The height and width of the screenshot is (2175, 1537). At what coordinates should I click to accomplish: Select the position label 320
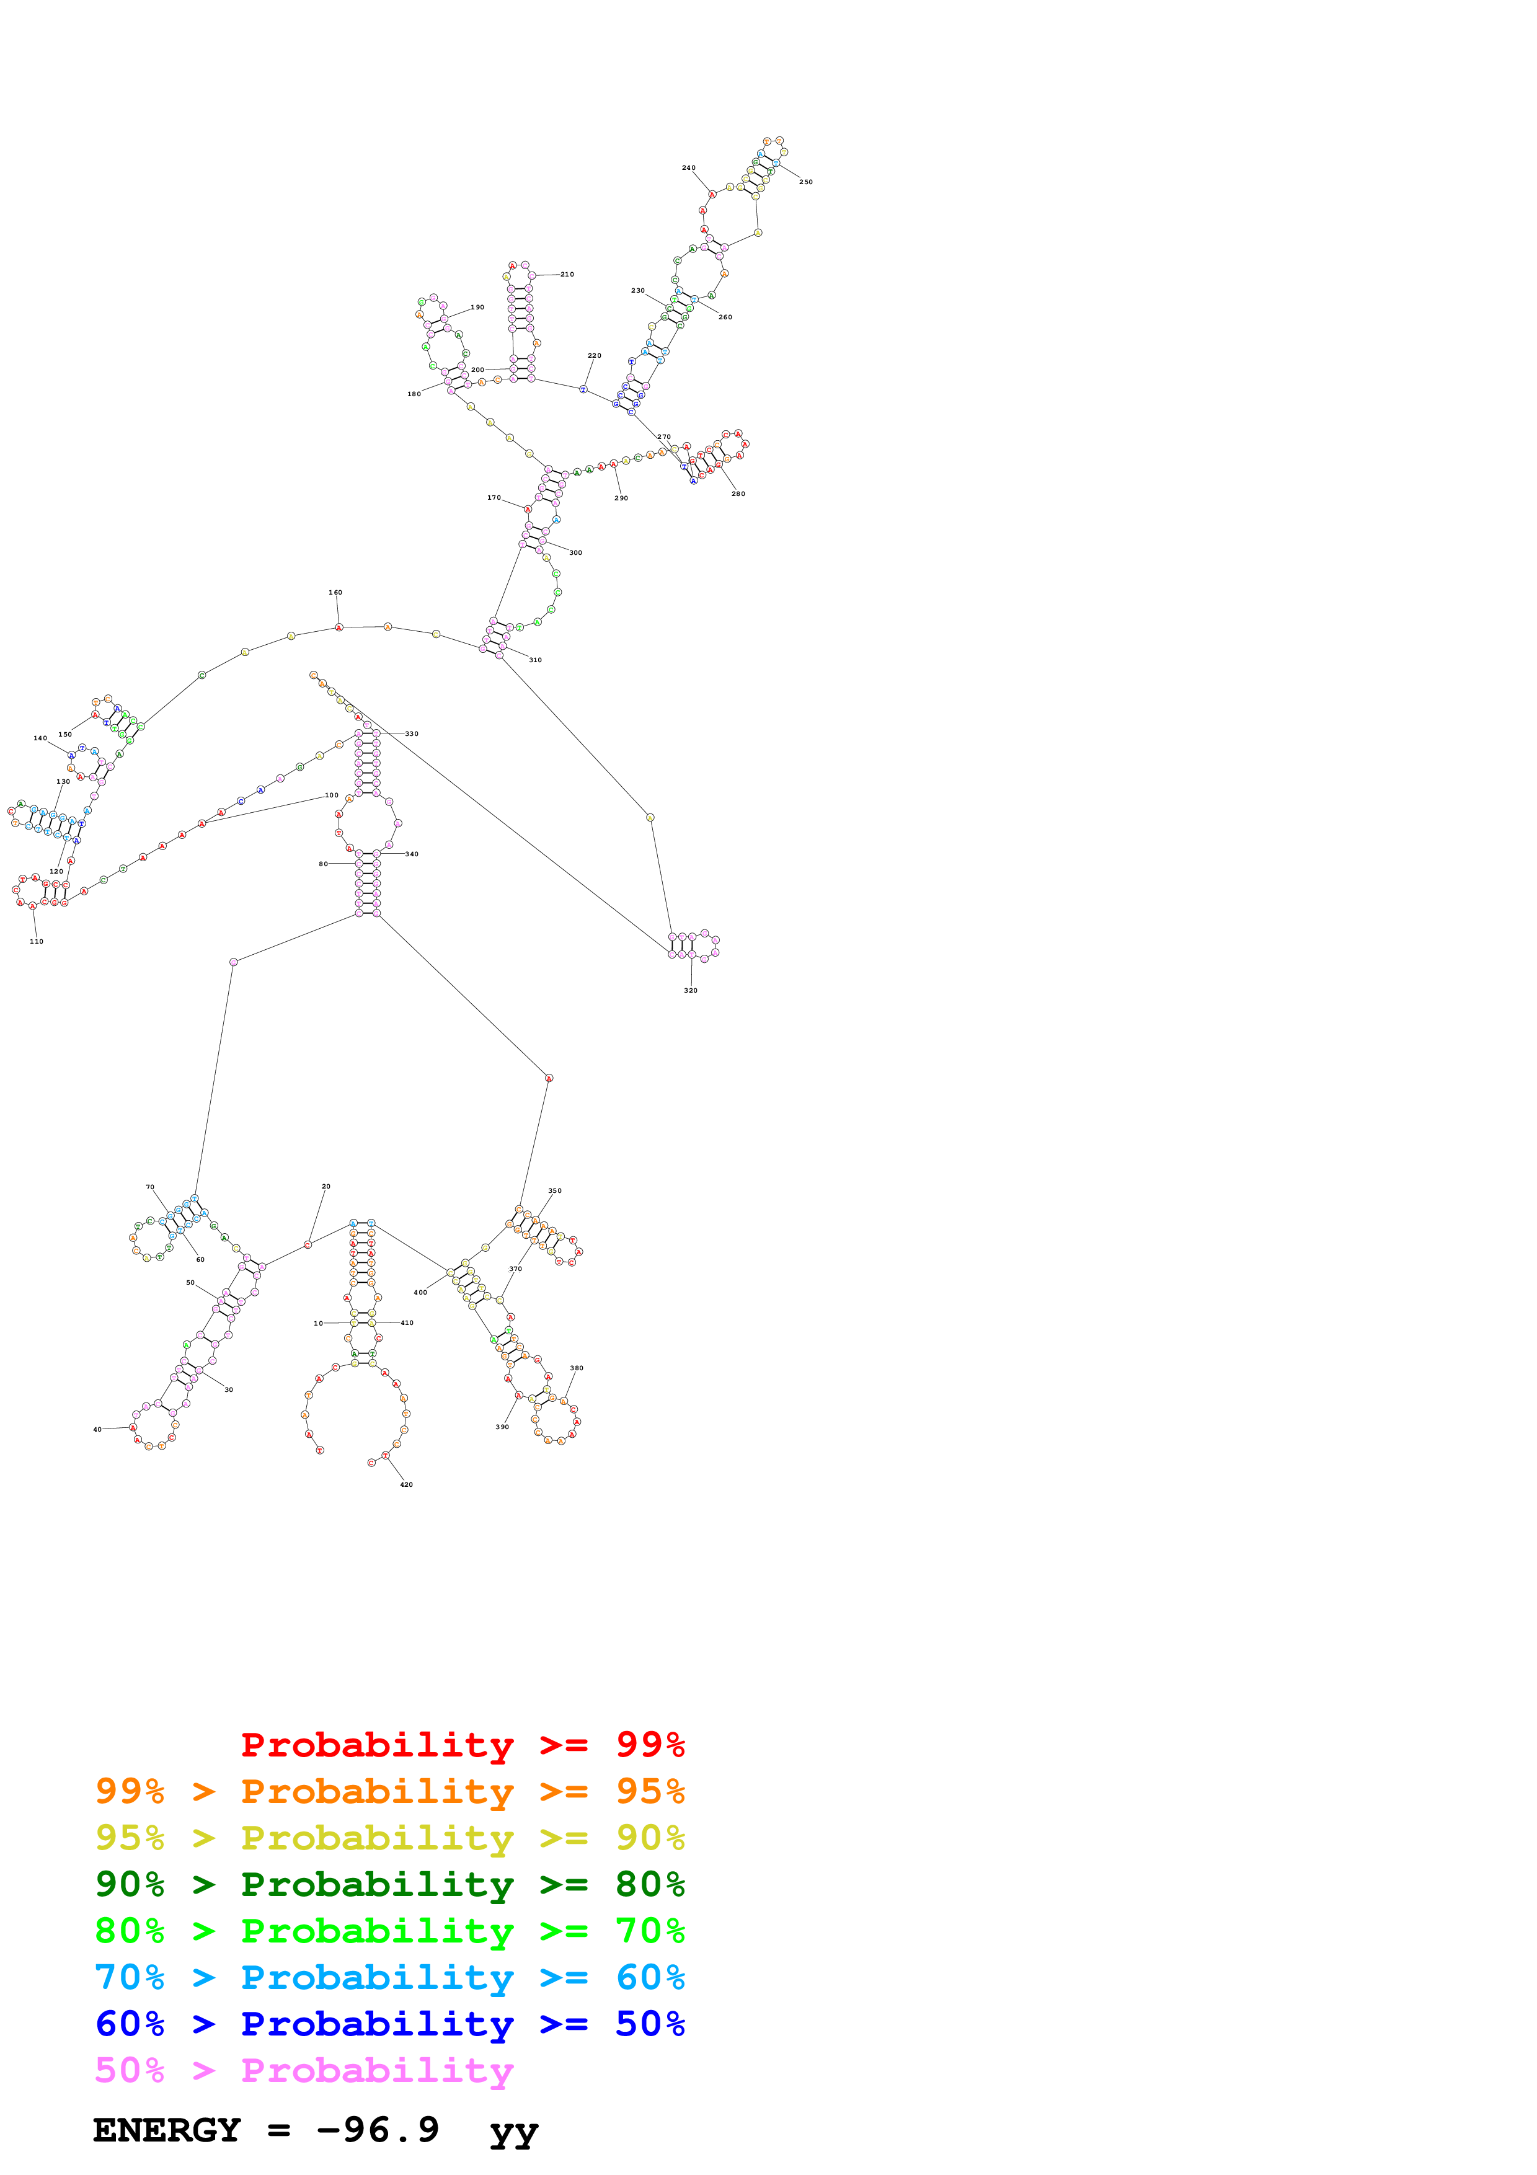coord(690,990)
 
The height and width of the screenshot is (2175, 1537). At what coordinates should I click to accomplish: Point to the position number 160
coord(335,593)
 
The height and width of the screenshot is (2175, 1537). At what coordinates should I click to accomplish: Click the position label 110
coord(36,942)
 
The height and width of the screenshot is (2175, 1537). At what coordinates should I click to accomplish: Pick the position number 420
coord(406,1484)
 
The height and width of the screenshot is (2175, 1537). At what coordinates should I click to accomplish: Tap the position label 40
coord(97,1430)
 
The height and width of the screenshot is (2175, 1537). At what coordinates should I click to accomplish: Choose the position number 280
coord(738,494)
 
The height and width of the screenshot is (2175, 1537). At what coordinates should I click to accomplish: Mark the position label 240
coord(688,167)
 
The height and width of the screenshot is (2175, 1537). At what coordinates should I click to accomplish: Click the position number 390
coord(502,1427)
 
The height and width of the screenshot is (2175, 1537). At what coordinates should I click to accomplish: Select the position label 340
coord(411,854)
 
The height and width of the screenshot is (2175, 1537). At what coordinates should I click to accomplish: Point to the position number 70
coord(149,1187)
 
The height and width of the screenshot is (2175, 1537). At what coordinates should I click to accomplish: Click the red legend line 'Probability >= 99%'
coord(462,1745)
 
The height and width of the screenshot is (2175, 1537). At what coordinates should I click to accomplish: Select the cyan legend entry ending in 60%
coord(389,1977)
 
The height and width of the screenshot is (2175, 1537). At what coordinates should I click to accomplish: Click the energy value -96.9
coord(378,2130)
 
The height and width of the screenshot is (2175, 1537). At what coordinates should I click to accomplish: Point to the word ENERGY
coord(167,2130)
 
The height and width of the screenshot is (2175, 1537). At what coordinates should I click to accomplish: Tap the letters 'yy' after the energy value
coord(513,2132)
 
